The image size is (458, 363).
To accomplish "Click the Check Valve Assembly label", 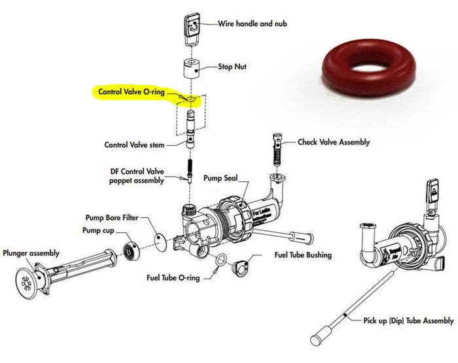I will (x=334, y=142).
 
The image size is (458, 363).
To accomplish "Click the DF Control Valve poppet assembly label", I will (x=145, y=176).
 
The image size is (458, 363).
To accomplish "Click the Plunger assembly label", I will (x=31, y=253).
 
